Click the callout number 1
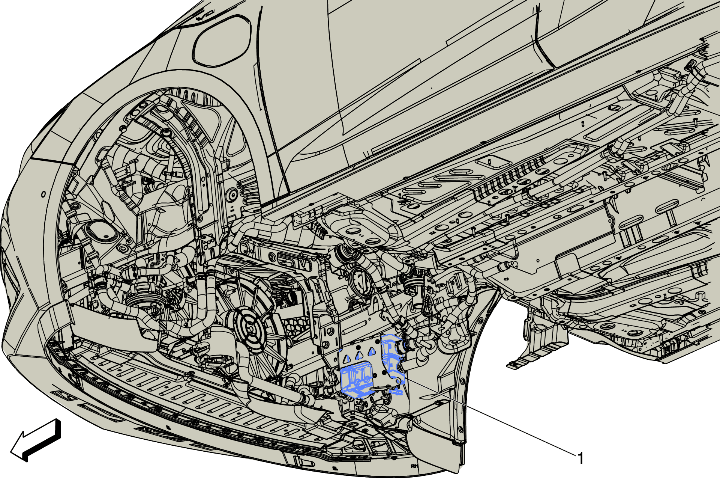[580, 458]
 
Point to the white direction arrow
[36, 440]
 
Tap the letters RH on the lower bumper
[414, 466]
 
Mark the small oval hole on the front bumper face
[43, 194]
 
